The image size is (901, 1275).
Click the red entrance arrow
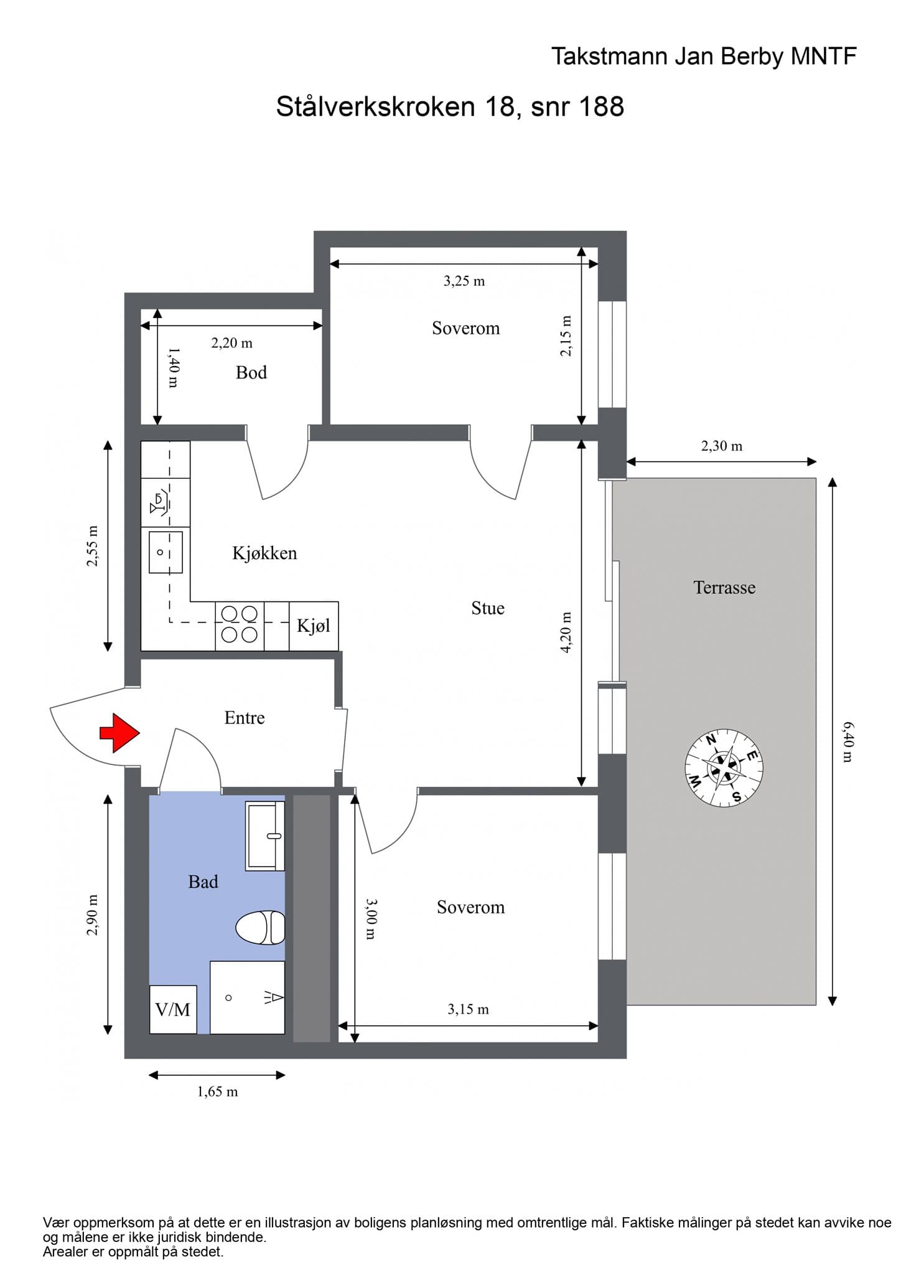click(120, 733)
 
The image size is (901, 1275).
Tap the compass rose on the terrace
click(724, 768)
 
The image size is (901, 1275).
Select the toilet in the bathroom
click(260, 928)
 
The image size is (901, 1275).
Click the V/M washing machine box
click(173, 1009)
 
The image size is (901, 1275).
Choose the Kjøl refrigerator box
click(314, 626)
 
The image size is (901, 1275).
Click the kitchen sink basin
click(166, 552)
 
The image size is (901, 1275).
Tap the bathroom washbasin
click(265, 836)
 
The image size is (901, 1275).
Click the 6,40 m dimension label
click(847, 741)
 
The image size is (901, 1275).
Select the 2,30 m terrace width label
click(722, 446)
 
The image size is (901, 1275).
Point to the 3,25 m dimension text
click(464, 281)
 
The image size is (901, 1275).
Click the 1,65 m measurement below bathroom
click(218, 1091)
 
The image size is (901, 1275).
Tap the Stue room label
click(488, 608)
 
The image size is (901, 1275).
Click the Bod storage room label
click(251, 372)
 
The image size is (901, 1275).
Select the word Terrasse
click(724, 587)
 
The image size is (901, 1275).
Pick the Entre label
click(245, 718)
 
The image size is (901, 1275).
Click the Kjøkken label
click(264, 553)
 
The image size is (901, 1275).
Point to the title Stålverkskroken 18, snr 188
click(450, 106)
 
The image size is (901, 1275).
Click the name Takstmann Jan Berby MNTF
click(704, 57)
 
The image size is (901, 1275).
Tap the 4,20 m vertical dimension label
click(566, 633)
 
